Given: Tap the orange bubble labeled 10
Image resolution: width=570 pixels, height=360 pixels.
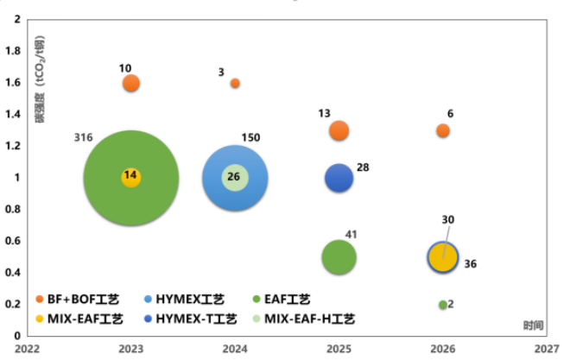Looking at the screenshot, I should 131,83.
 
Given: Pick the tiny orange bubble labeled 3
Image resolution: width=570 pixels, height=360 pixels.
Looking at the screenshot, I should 235,83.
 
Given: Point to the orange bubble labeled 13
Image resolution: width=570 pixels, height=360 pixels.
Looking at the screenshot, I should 339,131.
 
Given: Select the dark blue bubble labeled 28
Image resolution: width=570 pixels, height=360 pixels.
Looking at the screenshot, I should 339,179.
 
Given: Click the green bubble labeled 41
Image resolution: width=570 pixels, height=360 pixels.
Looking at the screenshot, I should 339,256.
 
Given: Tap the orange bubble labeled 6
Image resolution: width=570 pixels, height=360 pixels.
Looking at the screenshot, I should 443,130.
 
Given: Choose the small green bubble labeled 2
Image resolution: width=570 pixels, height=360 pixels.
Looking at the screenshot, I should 443,305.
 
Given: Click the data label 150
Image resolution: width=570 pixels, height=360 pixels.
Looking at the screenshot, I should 251,138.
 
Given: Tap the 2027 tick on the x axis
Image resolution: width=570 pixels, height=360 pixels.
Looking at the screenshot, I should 546,348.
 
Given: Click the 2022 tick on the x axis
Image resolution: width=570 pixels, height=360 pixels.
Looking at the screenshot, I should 27,348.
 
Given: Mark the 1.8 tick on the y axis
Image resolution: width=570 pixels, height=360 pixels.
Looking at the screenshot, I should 14,51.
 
